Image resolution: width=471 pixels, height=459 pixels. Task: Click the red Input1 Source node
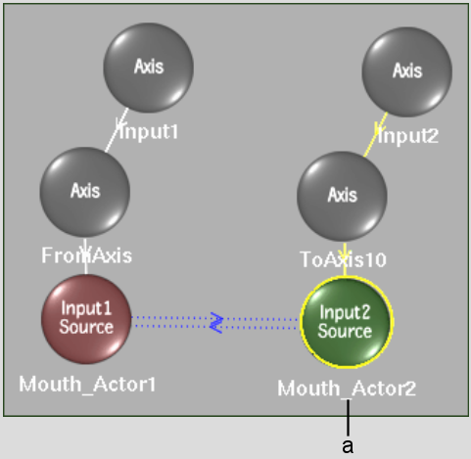86,319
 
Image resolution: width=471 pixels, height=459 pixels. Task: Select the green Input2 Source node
347,322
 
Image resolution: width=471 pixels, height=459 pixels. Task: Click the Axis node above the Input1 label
149,68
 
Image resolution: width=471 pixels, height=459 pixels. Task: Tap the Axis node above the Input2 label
407,71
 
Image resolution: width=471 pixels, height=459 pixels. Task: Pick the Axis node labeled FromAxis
85,192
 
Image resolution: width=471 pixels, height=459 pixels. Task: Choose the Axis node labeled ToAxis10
342,197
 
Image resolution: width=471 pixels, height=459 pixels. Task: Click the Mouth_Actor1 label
87,385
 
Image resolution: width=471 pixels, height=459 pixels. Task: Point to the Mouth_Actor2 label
347,389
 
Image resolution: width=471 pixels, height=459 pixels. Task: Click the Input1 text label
149,132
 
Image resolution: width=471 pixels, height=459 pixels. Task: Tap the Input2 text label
408,136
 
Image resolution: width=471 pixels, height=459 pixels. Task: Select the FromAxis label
86,255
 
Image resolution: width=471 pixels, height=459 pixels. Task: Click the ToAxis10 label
343,260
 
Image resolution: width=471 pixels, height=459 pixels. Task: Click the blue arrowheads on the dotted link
216,323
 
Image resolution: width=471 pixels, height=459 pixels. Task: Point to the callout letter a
348,446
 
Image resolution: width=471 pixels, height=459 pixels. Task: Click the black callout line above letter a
348,418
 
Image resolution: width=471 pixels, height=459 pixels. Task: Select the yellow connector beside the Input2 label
375,134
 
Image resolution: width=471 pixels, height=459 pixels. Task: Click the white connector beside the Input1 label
117,130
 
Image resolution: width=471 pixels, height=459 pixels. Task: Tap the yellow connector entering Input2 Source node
345,259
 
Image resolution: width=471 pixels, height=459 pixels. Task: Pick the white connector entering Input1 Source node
85,256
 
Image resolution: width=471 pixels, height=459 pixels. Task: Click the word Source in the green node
345,331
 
